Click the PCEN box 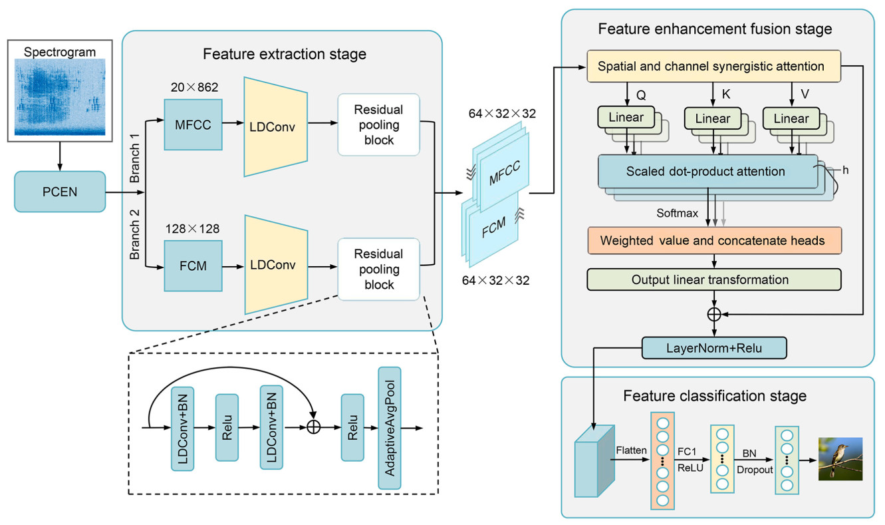(x=60, y=192)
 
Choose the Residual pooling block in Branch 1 (x=378, y=124)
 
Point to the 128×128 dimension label (x=192, y=229)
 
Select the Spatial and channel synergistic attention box (x=712, y=67)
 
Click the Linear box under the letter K (x=712, y=119)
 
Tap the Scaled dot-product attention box (x=705, y=171)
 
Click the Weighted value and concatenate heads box (x=712, y=240)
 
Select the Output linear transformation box (x=712, y=279)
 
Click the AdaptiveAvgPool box (x=391, y=427)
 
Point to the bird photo (x=840, y=458)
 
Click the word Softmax (x=678, y=214)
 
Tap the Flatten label (x=631, y=450)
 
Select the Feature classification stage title (x=714, y=396)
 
